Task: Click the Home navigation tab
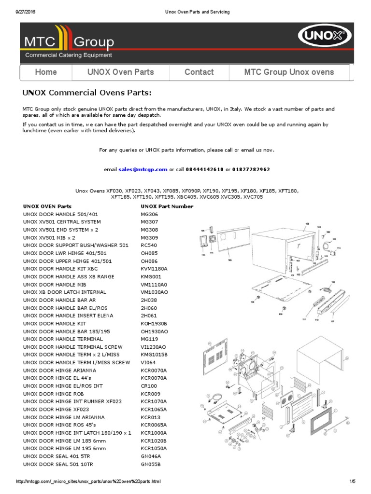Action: tap(46, 72)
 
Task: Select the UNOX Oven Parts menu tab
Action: tap(120, 72)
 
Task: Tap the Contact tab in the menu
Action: tap(199, 72)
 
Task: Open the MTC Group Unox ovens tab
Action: tap(289, 72)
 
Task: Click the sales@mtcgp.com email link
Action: tap(143, 169)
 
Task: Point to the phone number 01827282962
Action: tap(251, 169)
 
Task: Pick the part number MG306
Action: tap(149, 214)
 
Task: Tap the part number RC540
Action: tap(149, 246)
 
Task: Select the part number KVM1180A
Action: tap(154, 269)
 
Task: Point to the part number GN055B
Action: tap(150, 464)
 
